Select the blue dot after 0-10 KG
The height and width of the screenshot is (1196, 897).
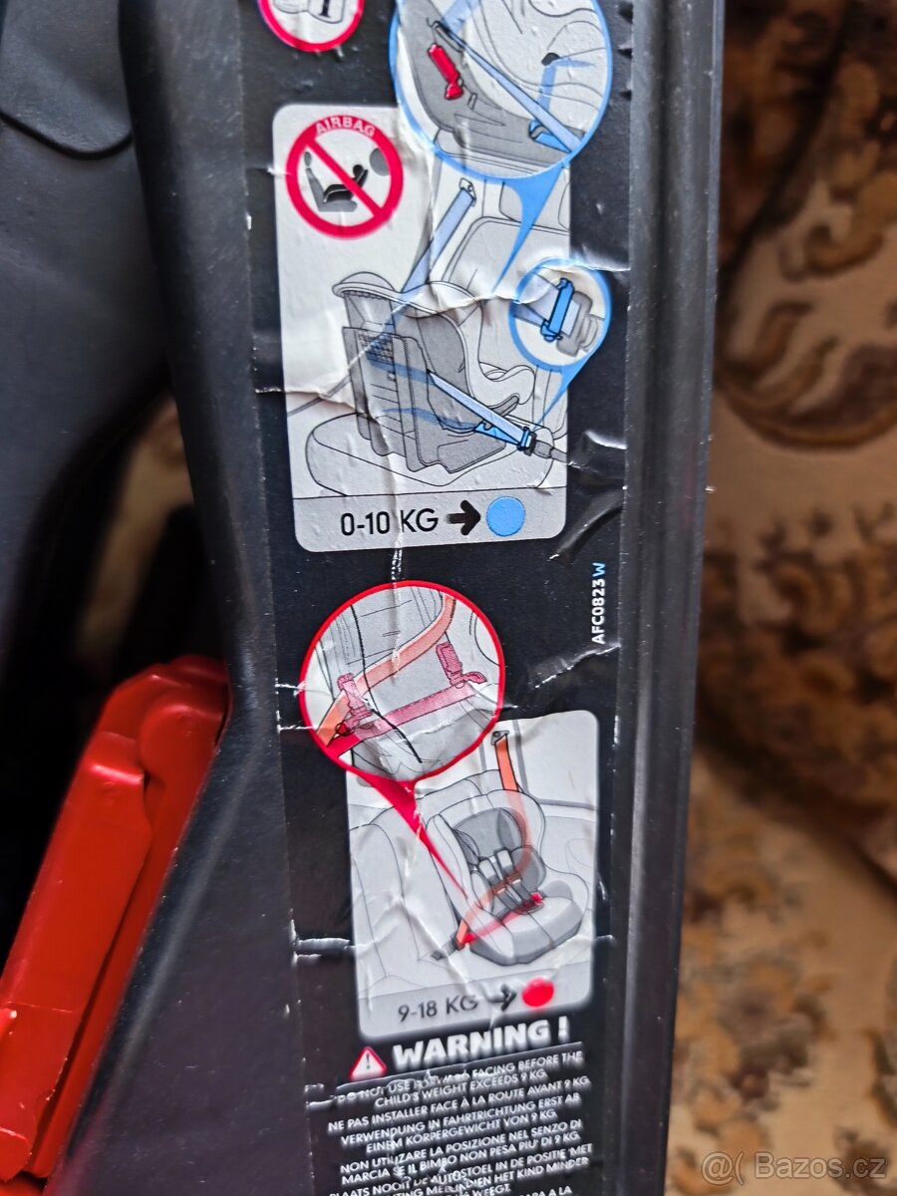[x=505, y=516]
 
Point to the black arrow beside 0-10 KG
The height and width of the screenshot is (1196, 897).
[x=463, y=519]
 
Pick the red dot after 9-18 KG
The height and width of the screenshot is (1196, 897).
[x=539, y=992]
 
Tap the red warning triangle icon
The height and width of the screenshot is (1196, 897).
[x=367, y=1061]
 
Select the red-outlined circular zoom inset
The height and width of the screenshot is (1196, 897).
[x=402, y=678]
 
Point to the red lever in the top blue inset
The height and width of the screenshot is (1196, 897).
[x=446, y=70]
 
